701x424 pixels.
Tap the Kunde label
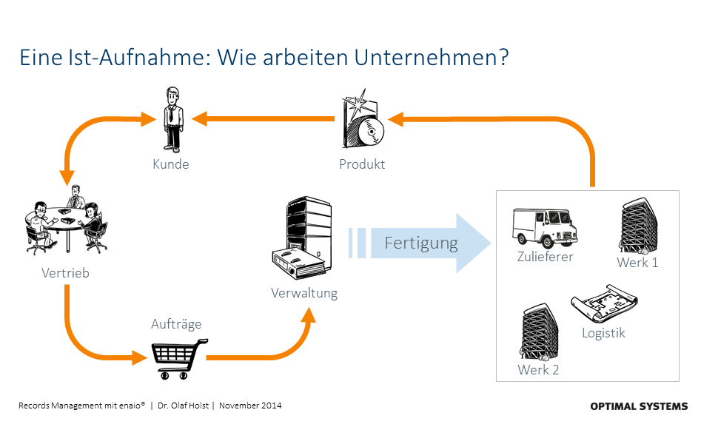click(171, 164)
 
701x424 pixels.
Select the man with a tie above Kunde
click(172, 118)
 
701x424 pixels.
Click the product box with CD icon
click(362, 123)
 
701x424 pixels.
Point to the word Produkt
click(362, 164)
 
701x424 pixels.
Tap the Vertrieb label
click(65, 273)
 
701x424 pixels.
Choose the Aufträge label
click(176, 324)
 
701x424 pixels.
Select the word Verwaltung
click(304, 293)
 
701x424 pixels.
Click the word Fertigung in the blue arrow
click(421, 243)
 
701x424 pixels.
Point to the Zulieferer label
click(546, 257)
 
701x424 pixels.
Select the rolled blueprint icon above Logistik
click(603, 303)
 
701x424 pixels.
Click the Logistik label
click(603, 333)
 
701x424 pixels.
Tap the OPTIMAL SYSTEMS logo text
click(639, 406)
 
